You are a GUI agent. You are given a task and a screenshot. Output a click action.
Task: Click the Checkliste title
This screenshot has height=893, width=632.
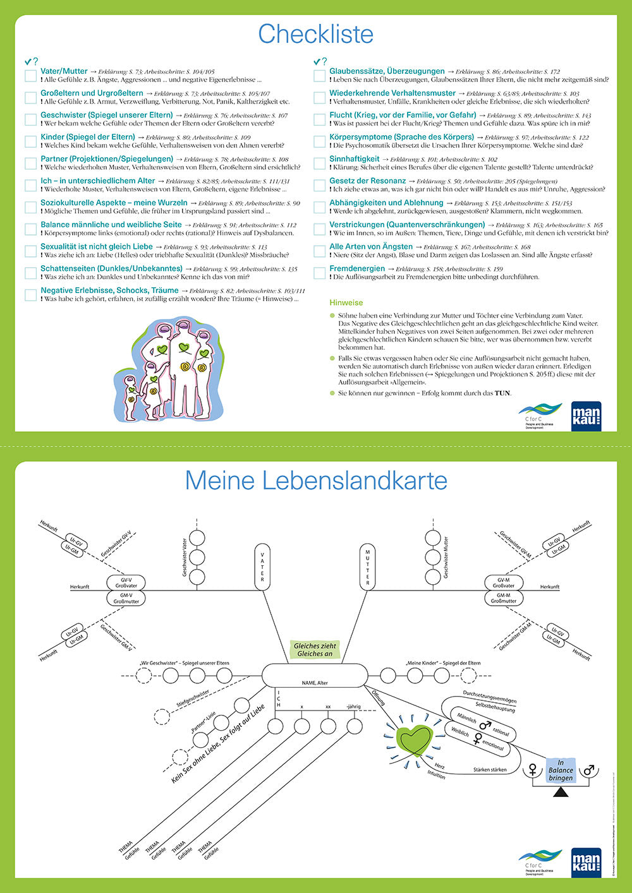pos(315,34)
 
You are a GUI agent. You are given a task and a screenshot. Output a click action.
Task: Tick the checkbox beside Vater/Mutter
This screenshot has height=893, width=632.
pos(30,76)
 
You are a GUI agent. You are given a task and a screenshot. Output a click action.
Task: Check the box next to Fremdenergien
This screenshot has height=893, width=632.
pos(320,273)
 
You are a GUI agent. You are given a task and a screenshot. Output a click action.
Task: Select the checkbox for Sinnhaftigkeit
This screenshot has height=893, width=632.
pos(320,164)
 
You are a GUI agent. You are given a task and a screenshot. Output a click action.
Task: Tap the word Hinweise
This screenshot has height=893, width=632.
pos(346,303)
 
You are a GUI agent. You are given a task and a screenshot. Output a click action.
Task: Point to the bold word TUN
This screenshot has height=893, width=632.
pos(502,393)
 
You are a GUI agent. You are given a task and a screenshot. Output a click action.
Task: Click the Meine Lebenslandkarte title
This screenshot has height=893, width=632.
pos(315,481)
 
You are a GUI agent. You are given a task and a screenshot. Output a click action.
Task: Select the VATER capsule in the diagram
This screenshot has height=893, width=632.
pos(262,566)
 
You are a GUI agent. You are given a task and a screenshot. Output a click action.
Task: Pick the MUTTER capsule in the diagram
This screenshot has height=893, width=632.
pos(368,566)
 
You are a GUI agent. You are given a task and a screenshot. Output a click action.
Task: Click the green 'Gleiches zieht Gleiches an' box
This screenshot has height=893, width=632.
pos(315,649)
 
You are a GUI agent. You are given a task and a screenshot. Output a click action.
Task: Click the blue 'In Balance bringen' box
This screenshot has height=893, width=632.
pos(561,770)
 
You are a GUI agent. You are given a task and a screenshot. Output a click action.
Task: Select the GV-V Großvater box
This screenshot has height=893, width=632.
pos(126,583)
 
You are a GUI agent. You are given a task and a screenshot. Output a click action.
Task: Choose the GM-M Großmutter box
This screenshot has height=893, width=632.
pos(504,598)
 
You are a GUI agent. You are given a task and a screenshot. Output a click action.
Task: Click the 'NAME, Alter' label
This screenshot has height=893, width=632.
pos(315,683)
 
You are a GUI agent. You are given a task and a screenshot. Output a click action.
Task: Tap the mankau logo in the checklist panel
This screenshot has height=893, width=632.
pos(586,416)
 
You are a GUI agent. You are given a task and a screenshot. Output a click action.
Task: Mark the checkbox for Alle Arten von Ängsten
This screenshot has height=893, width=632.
pos(320,251)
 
